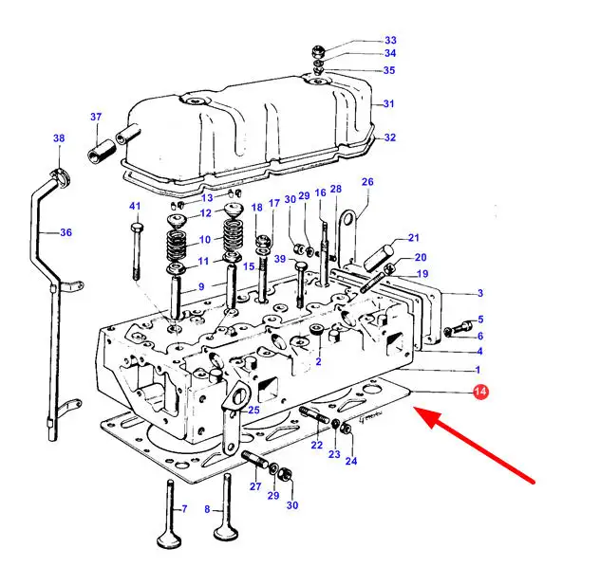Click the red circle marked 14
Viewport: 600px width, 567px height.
point(480,392)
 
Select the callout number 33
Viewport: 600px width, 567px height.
point(390,40)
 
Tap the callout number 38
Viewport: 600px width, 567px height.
point(59,137)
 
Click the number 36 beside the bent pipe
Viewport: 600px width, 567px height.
point(66,232)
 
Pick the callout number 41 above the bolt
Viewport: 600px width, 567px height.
point(135,207)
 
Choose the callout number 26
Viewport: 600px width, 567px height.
point(367,182)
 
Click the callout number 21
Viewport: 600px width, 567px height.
point(414,238)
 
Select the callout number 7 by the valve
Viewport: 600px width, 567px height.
point(184,509)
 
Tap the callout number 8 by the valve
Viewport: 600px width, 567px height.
point(207,509)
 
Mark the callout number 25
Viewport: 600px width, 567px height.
point(253,411)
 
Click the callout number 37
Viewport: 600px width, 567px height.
point(96,117)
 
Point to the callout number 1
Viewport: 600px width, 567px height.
point(478,370)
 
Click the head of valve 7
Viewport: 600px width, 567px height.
point(169,540)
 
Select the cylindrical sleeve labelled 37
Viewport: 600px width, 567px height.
point(102,151)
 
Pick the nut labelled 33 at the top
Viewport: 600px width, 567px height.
point(318,51)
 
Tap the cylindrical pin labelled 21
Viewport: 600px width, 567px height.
point(378,258)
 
